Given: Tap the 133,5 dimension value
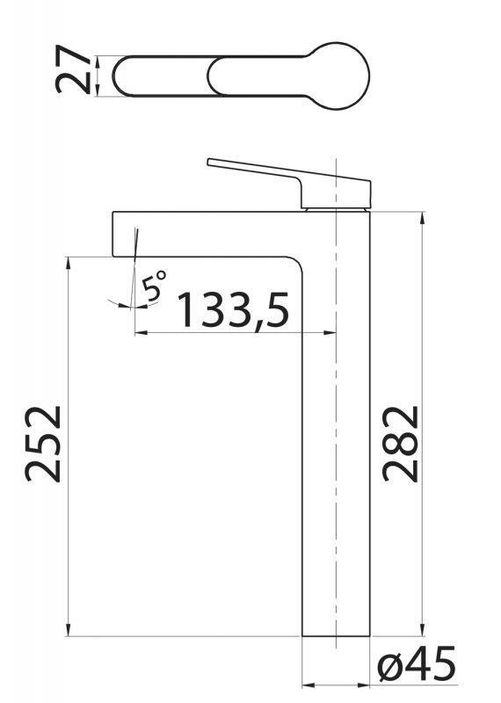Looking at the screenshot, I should coord(233,308).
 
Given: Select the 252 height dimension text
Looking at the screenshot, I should coord(44,443).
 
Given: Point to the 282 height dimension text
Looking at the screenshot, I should coord(401,443).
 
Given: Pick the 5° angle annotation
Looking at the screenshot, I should coord(155,286).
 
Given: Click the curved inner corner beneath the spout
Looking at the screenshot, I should coord(294,263).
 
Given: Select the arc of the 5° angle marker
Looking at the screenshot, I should coord(119,303).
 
